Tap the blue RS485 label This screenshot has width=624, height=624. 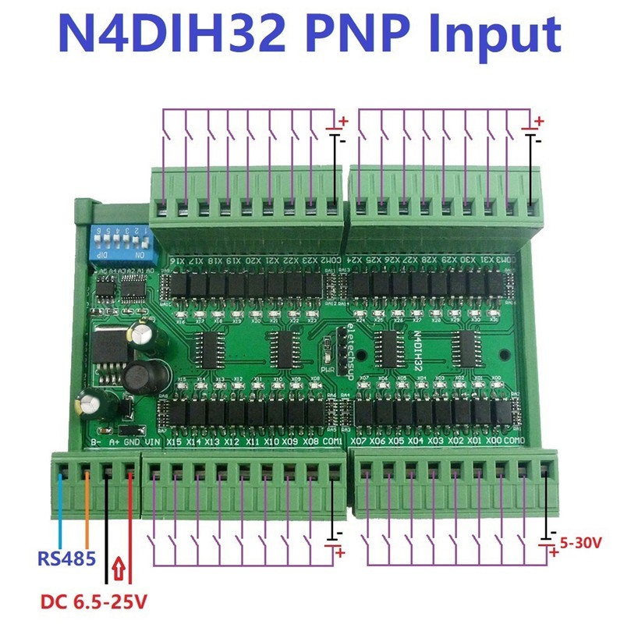66,559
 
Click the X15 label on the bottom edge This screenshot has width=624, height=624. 174,442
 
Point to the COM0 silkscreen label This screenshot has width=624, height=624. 515,442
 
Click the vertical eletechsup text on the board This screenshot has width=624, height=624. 350,344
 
